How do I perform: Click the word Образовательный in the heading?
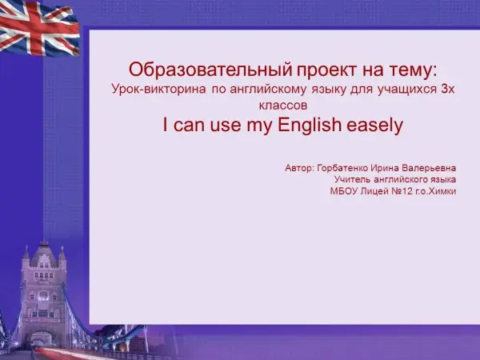[210, 70]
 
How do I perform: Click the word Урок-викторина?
[158, 89]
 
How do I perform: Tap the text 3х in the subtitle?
[447, 89]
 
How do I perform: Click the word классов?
[283, 106]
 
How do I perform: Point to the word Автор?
[299, 168]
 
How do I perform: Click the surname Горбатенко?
[342, 168]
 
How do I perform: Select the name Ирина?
[385, 168]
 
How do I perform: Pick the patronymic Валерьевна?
[429, 168]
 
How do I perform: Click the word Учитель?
[352, 179]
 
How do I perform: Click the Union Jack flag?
[39, 28]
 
